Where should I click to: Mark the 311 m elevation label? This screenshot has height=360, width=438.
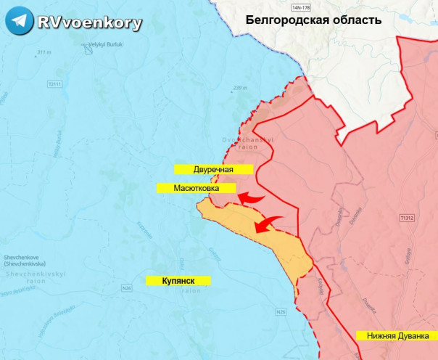(44, 52)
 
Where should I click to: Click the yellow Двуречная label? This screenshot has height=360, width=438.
(212, 169)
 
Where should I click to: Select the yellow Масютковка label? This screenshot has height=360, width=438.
(197, 188)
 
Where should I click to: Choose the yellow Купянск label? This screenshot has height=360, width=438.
(177, 279)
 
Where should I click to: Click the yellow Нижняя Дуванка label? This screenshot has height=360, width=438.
(397, 336)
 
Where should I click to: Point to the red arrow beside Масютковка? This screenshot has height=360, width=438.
(252, 197)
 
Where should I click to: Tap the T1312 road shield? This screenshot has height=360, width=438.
(407, 217)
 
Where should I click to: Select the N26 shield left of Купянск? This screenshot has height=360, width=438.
(127, 289)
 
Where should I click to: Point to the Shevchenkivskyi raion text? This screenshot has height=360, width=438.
(26, 277)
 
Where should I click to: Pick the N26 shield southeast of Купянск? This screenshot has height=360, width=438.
(281, 312)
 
